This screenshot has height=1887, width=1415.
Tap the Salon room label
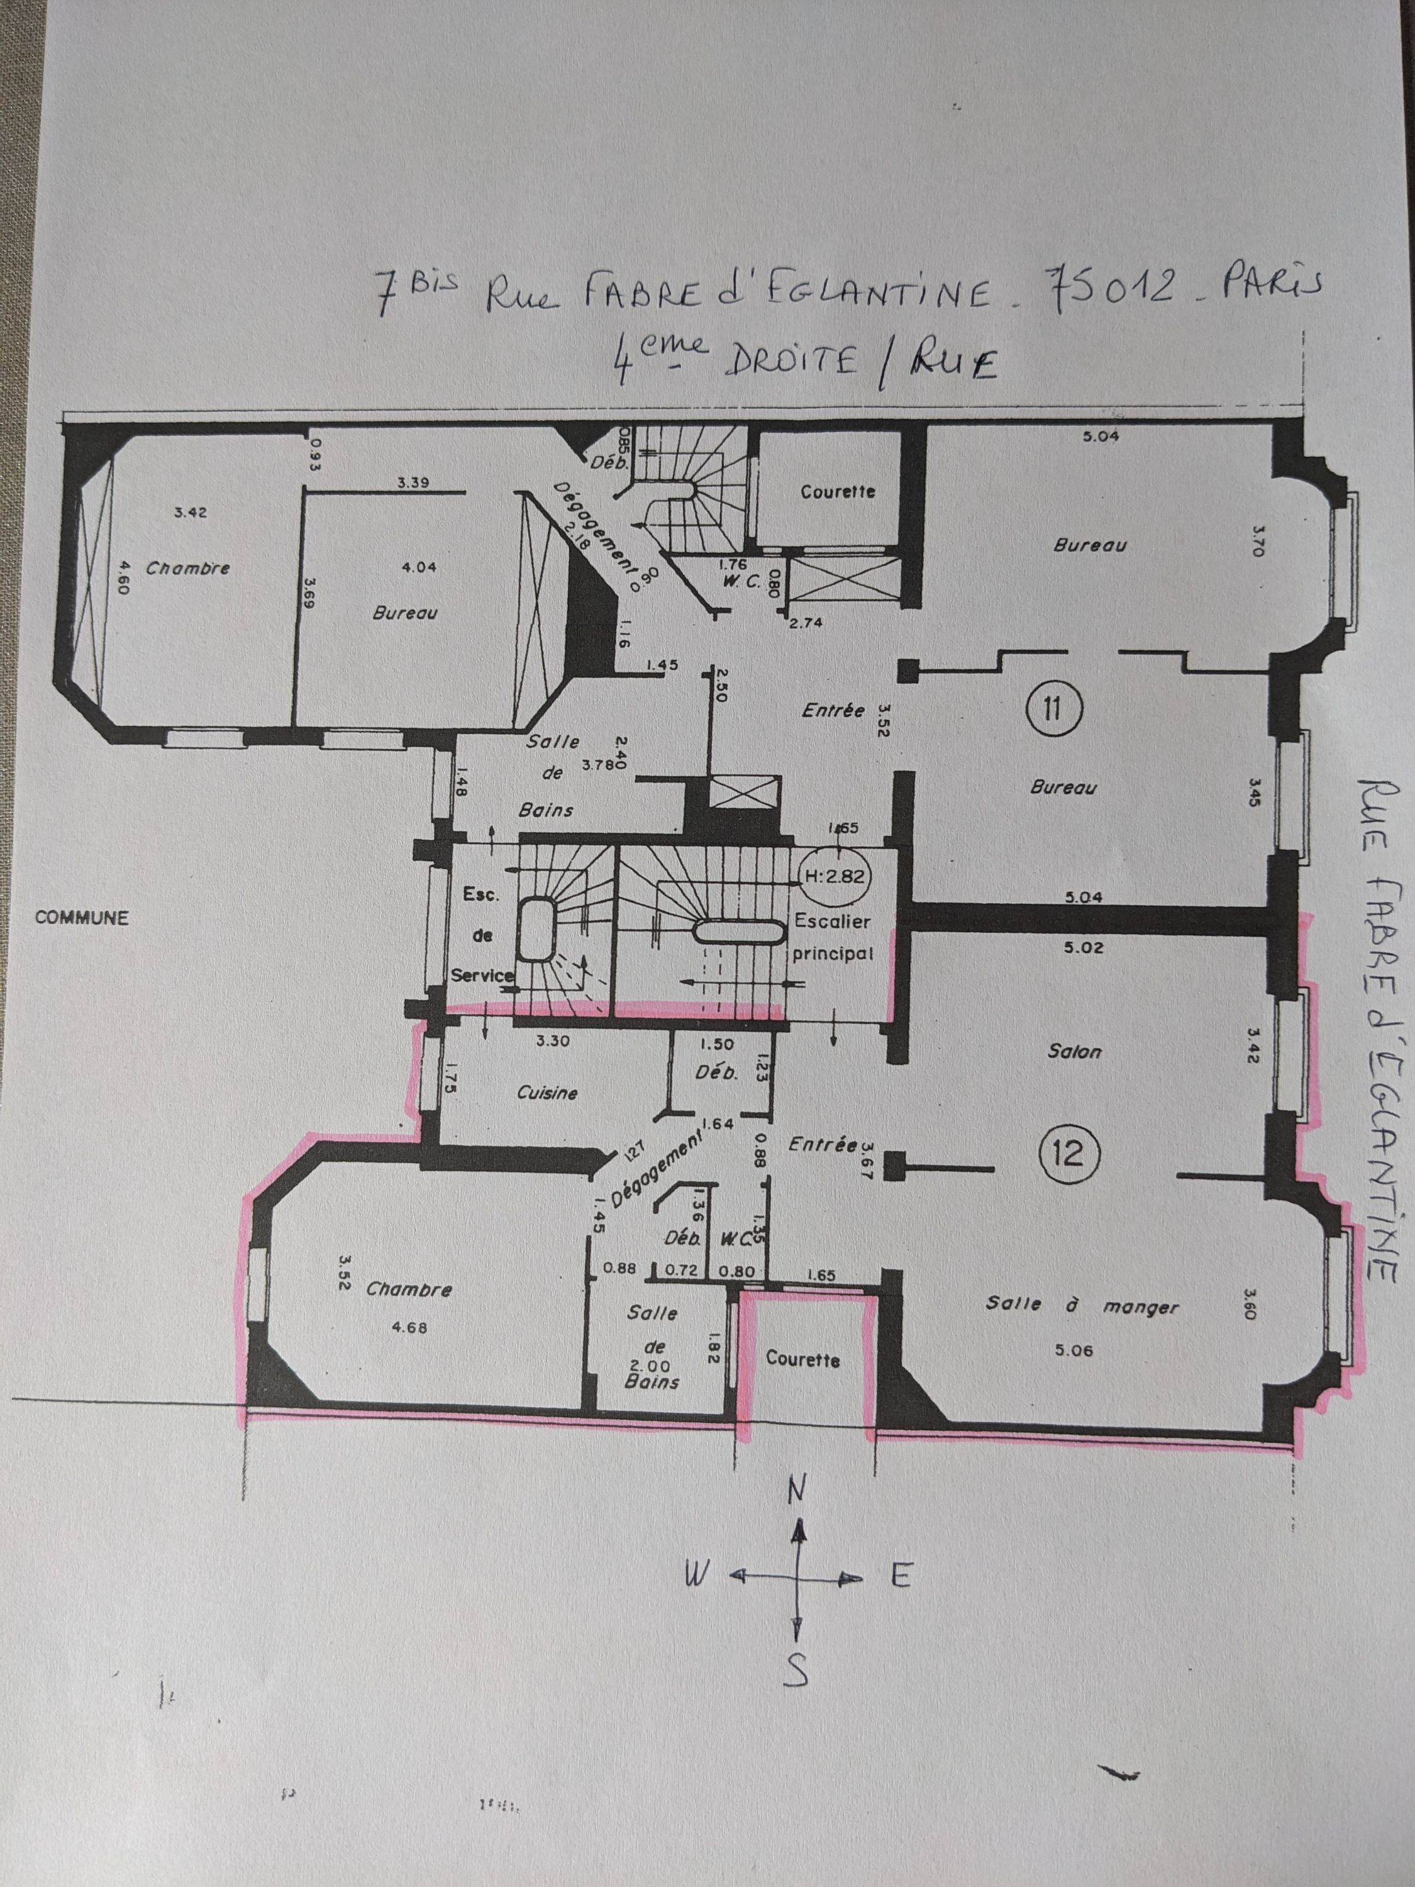pos(1075,1052)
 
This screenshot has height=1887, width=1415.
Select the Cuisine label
pos(547,1093)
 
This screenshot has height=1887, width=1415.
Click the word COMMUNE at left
pos(82,919)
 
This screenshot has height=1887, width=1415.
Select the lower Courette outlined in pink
pos(802,1359)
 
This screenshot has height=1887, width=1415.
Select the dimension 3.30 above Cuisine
pos(553,1041)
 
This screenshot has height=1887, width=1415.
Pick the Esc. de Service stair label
pos(483,936)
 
